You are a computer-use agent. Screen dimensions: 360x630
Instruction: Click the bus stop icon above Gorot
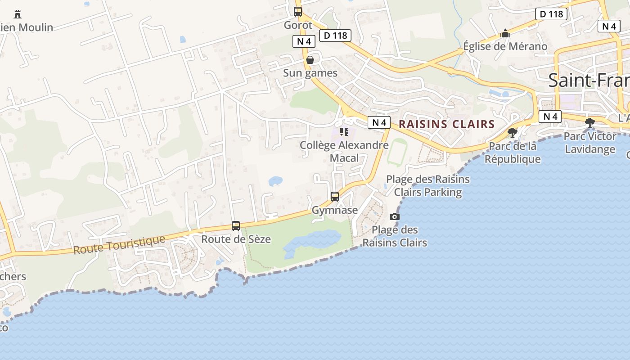pos(298,12)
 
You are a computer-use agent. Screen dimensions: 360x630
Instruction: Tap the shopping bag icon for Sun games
pos(310,60)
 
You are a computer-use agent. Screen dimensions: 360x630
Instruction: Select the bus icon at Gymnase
pos(335,197)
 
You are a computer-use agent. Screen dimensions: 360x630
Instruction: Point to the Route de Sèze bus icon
pos(236,226)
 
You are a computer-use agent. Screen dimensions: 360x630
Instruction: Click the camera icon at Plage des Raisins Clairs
pos(395,216)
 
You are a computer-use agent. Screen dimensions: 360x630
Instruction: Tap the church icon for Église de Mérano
pos(505,33)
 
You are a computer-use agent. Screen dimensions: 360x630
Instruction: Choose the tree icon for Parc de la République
pos(512,132)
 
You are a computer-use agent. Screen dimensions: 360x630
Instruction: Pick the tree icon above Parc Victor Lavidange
pos(590,122)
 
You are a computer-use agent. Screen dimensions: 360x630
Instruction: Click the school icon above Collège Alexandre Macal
pos(344,132)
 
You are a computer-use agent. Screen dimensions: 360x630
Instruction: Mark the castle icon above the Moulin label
pos(18,14)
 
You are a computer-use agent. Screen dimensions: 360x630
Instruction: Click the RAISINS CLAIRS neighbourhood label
pos(447,124)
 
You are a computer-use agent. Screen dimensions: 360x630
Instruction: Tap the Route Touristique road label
pos(119,245)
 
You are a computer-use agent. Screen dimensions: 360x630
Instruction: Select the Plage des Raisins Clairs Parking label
pos(427,186)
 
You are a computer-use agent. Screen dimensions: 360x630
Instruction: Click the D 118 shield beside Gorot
pos(335,36)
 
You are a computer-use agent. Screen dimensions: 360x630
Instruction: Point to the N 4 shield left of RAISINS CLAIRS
pos(379,122)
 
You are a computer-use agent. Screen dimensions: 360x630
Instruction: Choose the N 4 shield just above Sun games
pos(304,42)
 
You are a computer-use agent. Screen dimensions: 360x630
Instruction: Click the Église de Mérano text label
pos(505,46)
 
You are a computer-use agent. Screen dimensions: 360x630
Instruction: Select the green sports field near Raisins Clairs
pos(397,152)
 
